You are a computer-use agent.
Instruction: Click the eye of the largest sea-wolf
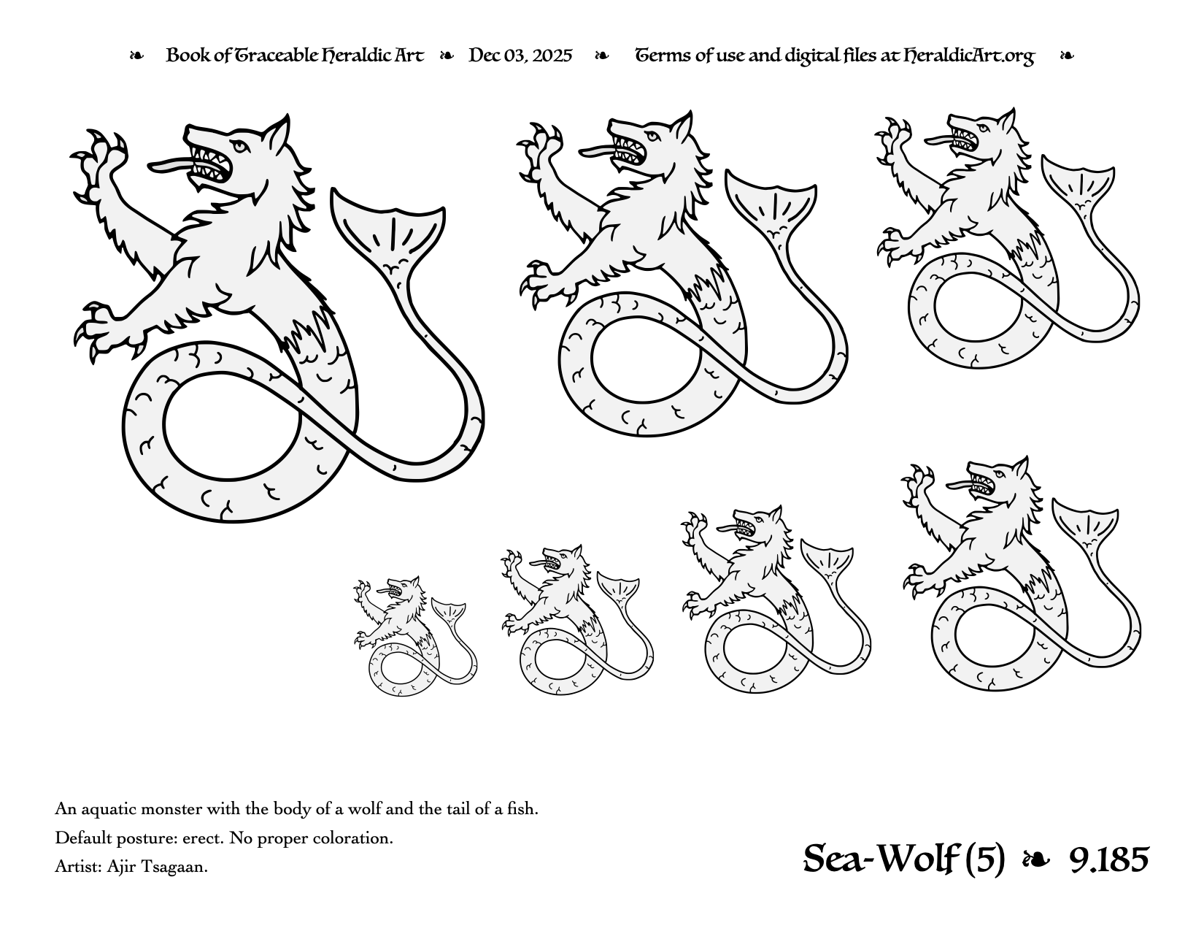click(x=239, y=146)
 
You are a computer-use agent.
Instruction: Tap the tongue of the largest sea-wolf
click(x=169, y=165)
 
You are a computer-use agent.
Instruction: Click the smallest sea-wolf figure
click(x=415, y=636)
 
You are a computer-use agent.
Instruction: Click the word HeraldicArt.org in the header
click(x=968, y=55)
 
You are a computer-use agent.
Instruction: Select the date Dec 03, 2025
click(x=520, y=55)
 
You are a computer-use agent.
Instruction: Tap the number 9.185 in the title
click(x=1108, y=859)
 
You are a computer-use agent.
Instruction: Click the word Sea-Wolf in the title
click(x=881, y=859)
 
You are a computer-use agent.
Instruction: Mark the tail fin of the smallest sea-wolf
click(x=448, y=610)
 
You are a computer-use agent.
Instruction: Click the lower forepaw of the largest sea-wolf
click(x=105, y=330)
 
